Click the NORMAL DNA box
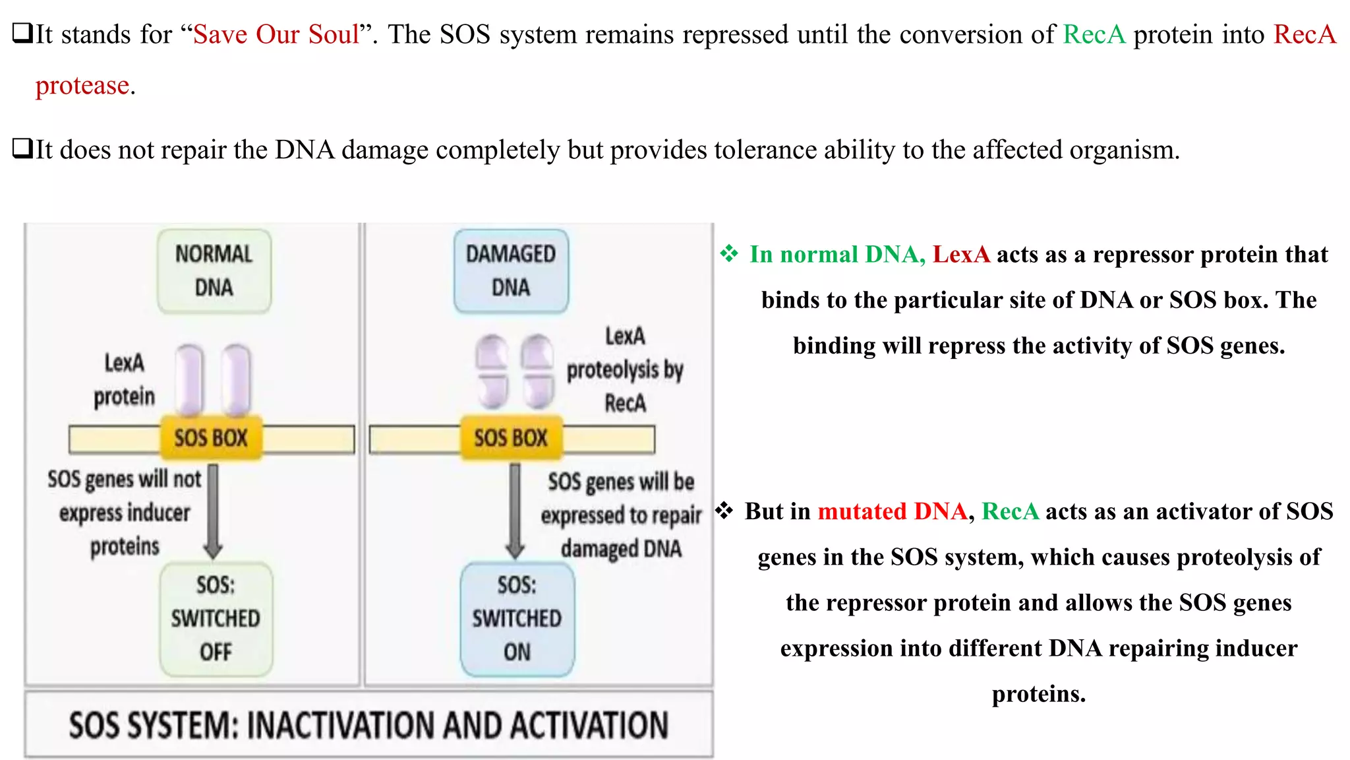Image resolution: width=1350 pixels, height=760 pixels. pyautogui.click(x=214, y=270)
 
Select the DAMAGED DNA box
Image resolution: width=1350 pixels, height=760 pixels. pyautogui.click(x=511, y=270)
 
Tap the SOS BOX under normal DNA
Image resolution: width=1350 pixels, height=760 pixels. pyautogui.click(x=211, y=438)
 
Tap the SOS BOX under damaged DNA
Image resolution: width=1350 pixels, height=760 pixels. pyautogui.click(x=511, y=438)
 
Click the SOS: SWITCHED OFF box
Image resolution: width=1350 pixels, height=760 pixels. pyautogui.click(x=216, y=619)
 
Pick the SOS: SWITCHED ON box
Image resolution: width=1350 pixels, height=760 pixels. pyautogui.click(x=517, y=619)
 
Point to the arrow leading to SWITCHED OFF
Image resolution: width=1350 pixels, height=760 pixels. pyautogui.click(x=213, y=511)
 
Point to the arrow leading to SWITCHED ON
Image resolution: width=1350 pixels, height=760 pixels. pyautogui.click(x=515, y=511)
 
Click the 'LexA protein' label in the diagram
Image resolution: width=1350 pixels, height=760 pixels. pyautogui.click(x=124, y=380)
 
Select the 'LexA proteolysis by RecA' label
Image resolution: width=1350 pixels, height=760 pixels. pyautogui.click(x=625, y=369)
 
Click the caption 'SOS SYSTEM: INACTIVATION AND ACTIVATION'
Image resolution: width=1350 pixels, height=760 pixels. pyautogui.click(x=368, y=725)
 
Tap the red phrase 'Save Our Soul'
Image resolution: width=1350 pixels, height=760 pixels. pyautogui.click(x=276, y=34)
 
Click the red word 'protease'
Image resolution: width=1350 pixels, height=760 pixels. pyautogui.click(x=82, y=86)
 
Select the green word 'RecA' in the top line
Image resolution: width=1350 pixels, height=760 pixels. pyautogui.click(x=1094, y=34)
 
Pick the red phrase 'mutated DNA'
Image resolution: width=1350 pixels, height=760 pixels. pyautogui.click(x=892, y=511)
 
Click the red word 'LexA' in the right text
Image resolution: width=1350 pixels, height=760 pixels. pyautogui.click(x=961, y=255)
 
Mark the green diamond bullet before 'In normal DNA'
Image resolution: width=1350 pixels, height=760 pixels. pyautogui.click(x=729, y=253)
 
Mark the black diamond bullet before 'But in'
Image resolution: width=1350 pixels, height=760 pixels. pyautogui.click(x=724, y=510)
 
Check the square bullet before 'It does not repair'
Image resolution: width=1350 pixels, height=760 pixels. pyautogui.click(x=22, y=148)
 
